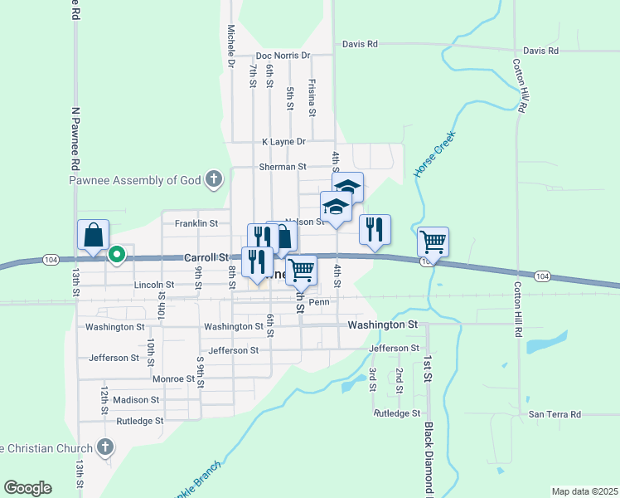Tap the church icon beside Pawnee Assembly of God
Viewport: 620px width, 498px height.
(214, 178)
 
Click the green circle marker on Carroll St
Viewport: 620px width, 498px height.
(118, 255)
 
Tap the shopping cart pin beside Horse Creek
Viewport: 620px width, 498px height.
(433, 243)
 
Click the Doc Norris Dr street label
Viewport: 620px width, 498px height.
(283, 56)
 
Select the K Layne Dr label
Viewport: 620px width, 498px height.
(283, 142)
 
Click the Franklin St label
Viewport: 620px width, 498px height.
(196, 223)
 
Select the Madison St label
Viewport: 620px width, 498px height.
(136, 399)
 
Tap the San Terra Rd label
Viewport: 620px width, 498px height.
(555, 414)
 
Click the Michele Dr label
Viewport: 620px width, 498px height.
(231, 46)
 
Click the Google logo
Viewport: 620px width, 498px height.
(27, 488)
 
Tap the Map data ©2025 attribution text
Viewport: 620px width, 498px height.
(584, 491)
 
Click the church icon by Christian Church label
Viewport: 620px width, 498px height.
(104, 448)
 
